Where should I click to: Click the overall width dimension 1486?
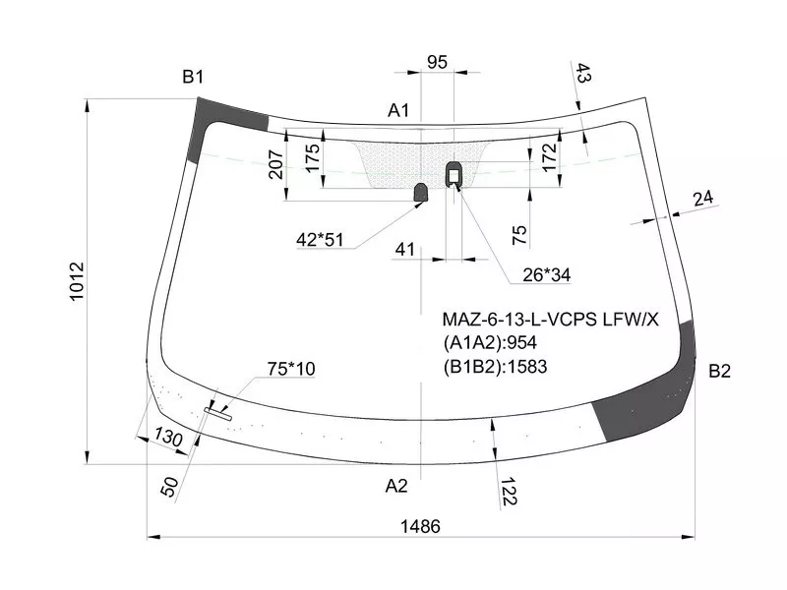click(420, 525)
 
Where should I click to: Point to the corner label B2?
click(720, 371)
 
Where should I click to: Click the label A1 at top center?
click(398, 111)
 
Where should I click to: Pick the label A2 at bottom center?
click(396, 485)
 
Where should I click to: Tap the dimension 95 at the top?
click(437, 63)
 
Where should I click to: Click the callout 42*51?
click(321, 238)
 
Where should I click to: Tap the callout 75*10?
click(291, 369)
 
